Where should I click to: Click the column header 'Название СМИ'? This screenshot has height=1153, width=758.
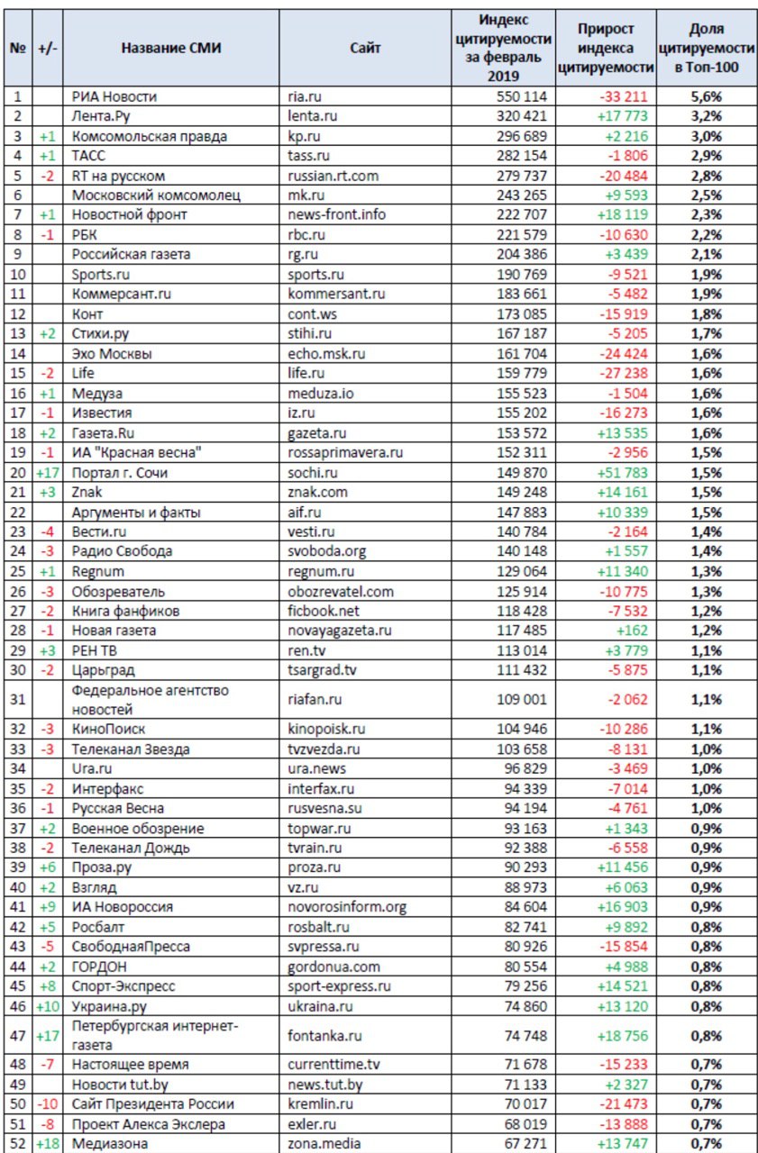(x=170, y=48)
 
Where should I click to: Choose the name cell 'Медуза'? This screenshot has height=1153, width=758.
(x=97, y=394)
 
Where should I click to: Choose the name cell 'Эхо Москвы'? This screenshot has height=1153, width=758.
(x=111, y=354)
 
